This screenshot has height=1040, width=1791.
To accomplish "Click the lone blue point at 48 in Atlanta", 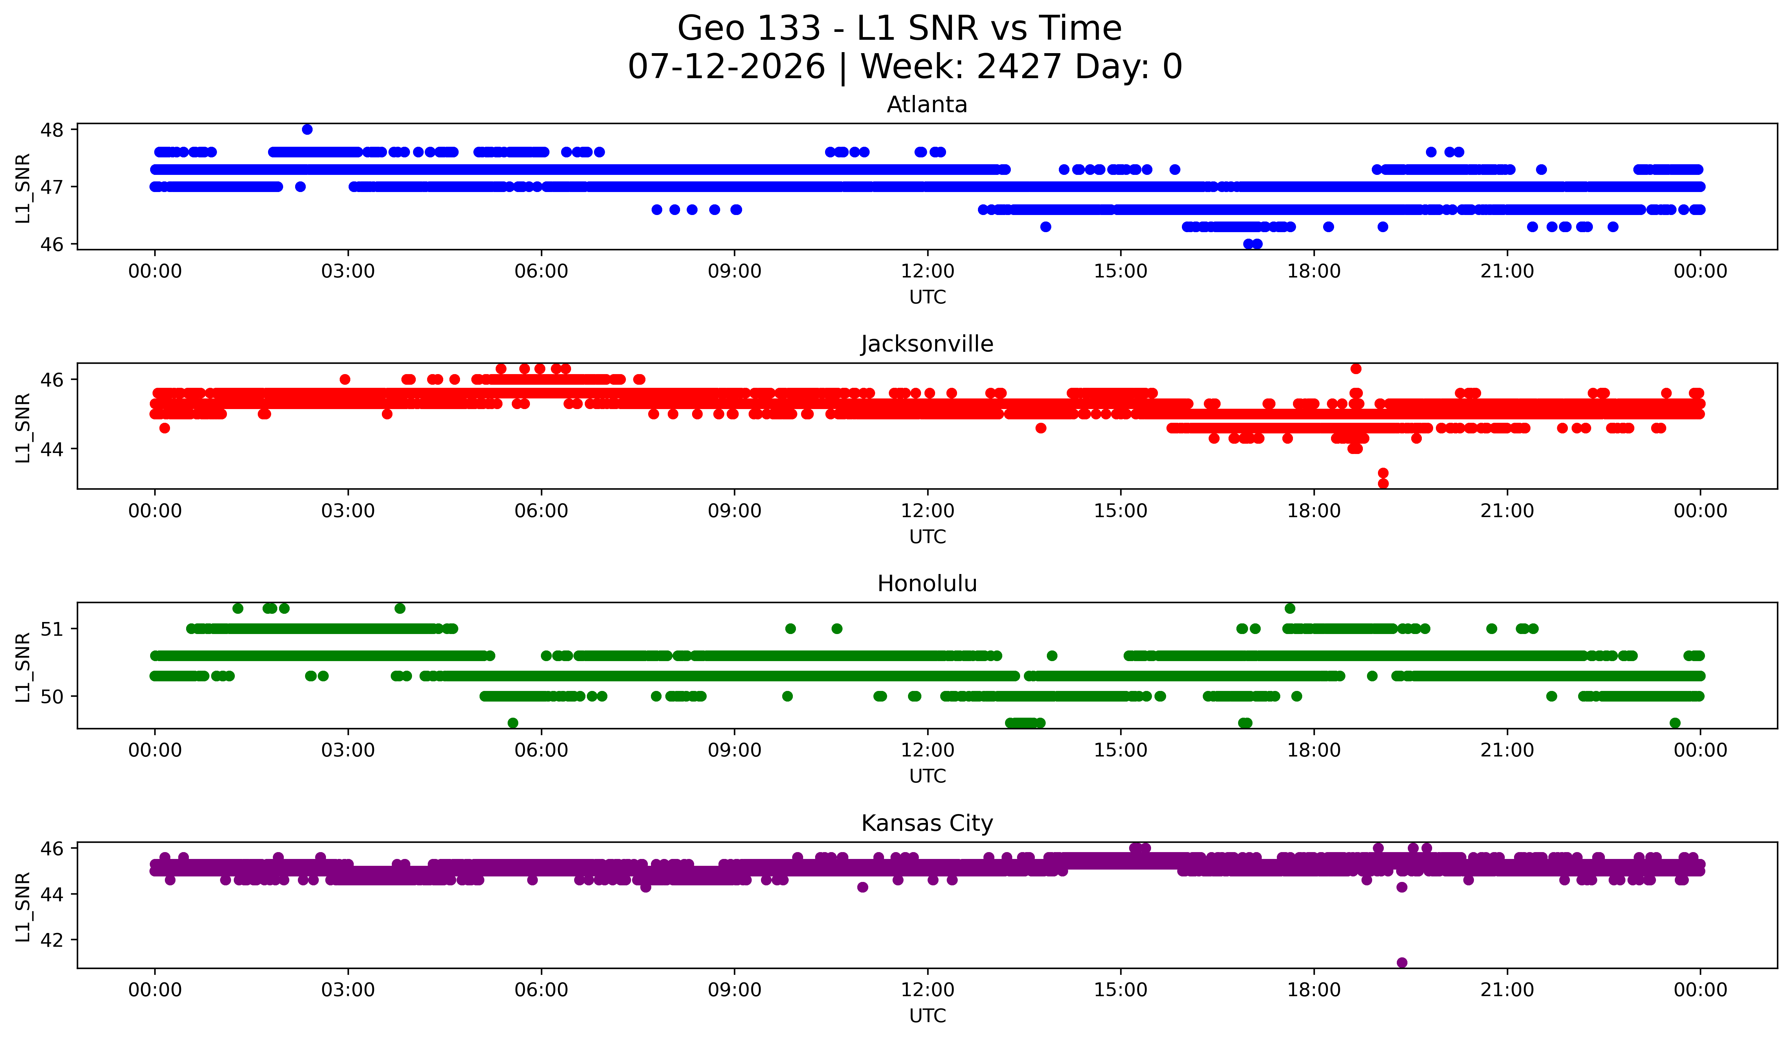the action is point(307,129).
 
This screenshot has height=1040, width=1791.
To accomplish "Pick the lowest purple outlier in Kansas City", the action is point(1402,963).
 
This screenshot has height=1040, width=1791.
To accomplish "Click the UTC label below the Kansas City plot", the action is point(928,1016).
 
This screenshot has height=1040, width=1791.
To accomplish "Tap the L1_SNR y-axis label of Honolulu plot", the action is point(23,668).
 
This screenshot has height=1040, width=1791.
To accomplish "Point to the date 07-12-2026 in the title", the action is point(726,67).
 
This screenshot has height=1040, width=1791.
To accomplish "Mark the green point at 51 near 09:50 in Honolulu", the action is point(790,629).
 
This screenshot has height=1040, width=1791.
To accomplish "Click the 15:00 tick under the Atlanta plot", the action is point(1121,272).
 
